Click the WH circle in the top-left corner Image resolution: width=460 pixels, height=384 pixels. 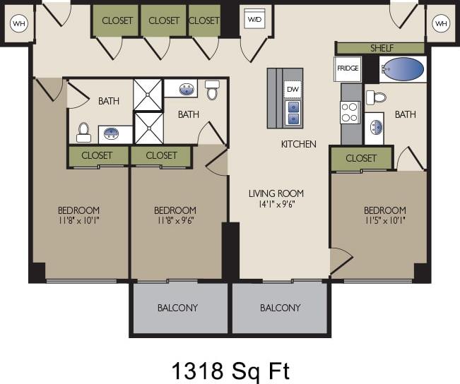(18, 24)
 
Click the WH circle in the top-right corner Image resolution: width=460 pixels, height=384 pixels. (441, 24)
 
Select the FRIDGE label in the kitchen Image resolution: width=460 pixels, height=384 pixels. (348, 69)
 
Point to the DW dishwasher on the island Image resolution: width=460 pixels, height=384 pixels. (292, 89)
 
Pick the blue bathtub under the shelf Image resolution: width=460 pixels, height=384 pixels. (403, 69)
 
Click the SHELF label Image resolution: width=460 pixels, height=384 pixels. (382, 48)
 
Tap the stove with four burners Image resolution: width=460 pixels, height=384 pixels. (350, 112)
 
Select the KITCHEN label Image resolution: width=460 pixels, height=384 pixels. (298, 144)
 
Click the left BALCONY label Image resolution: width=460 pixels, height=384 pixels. (177, 308)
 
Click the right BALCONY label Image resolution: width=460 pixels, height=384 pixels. (280, 308)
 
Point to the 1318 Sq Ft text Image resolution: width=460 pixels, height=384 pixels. (230, 369)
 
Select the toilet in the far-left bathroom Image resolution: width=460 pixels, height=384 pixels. (83, 131)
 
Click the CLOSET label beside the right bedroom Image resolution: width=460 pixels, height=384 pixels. (361, 158)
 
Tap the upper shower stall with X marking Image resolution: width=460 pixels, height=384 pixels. (148, 95)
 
